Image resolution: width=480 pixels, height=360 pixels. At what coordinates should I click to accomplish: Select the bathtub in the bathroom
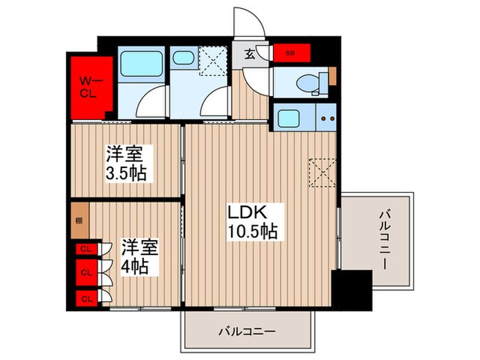tap(140, 65)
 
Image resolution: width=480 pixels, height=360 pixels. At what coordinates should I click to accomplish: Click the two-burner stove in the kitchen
tap(326, 117)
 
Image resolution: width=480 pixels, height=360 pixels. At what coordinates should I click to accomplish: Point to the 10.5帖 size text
tap(253, 232)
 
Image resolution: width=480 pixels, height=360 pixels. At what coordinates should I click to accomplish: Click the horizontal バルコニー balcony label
tap(247, 331)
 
